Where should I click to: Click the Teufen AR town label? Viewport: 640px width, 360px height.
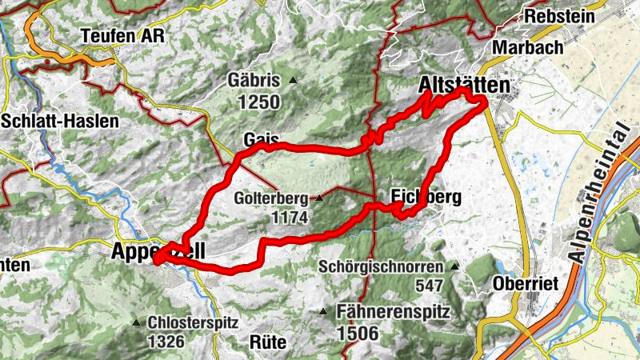click(x=122, y=36)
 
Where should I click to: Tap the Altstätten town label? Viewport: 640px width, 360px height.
click(x=465, y=84)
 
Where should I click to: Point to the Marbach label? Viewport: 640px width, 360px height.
click(x=529, y=47)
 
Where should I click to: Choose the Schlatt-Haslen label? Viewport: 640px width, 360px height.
click(x=60, y=122)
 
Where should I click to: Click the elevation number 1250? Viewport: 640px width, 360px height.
click(x=259, y=102)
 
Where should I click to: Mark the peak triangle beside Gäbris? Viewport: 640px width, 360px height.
click(x=294, y=80)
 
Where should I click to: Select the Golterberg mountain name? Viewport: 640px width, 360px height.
click(x=272, y=198)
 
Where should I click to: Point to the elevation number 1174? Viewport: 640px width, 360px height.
click(x=289, y=216)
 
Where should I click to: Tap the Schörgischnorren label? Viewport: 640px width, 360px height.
click(x=381, y=266)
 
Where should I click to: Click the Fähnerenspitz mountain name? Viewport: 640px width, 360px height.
click(x=391, y=311)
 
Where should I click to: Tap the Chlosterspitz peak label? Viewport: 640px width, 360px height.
click(x=194, y=323)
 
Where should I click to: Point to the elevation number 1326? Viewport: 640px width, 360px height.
click(x=165, y=342)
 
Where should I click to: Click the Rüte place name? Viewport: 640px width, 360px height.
click(x=268, y=342)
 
